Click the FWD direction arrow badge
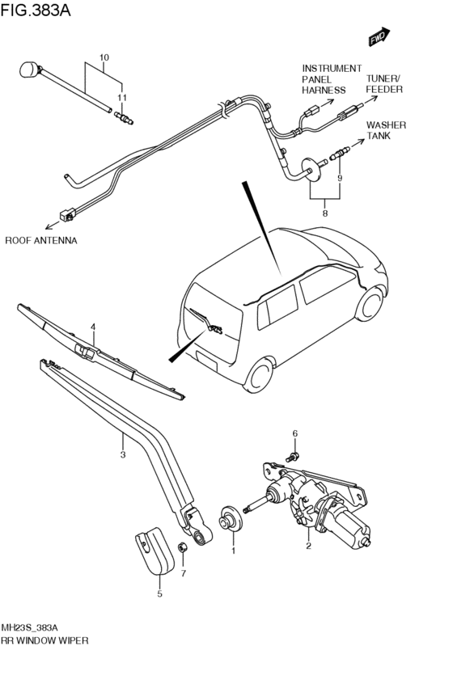click(379, 36)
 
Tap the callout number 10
click(104, 57)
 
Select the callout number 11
click(121, 97)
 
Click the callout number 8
click(325, 213)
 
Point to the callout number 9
click(339, 178)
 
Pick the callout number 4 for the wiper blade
click(93, 327)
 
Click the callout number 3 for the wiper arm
click(123, 454)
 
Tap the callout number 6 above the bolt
click(295, 433)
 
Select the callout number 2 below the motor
click(308, 546)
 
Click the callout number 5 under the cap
click(160, 593)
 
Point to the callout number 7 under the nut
click(184, 573)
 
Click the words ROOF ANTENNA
click(40, 240)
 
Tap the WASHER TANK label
click(387, 130)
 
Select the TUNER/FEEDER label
click(384, 84)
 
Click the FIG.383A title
click(36, 10)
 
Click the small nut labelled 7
click(182, 547)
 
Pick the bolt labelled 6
click(292, 456)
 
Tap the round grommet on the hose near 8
click(311, 170)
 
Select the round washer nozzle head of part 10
click(29, 70)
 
